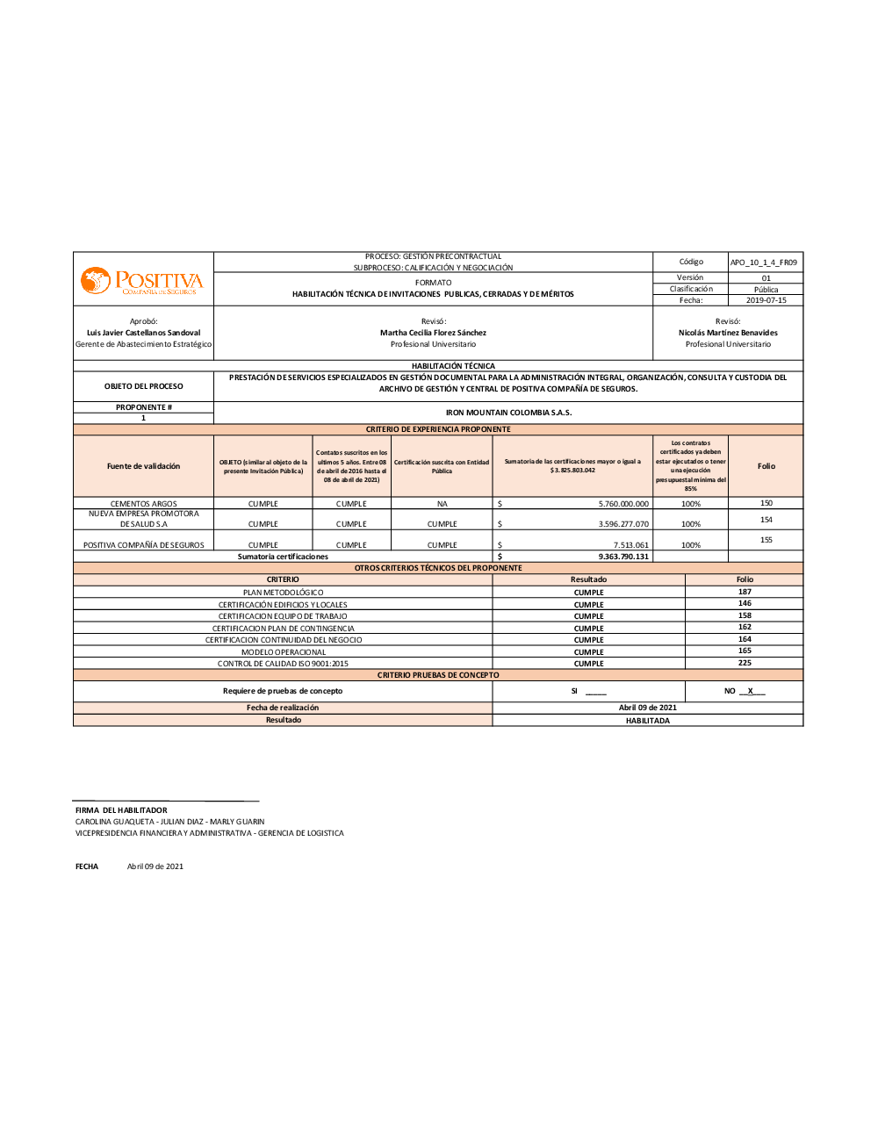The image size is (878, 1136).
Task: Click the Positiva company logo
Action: point(142,281)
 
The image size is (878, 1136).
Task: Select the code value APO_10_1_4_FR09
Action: point(764,262)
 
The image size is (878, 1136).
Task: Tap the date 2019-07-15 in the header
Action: point(766,300)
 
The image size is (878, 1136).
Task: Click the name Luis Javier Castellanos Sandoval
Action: point(143,333)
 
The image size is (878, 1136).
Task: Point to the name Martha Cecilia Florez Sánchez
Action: point(433,333)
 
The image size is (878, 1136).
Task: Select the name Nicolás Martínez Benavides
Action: point(728,333)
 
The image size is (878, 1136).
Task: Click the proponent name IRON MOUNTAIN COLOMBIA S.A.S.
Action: point(508,413)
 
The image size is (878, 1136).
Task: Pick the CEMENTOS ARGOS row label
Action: point(143,504)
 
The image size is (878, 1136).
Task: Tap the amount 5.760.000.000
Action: point(623,504)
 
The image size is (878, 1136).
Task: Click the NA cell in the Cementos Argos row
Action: point(442,504)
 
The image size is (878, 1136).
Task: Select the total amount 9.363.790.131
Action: point(623,557)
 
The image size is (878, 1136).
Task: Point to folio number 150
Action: point(766,503)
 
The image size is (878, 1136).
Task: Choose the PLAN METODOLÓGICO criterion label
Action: point(283,593)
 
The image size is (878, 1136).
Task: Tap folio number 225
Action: point(745,663)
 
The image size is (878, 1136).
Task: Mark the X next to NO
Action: point(751,691)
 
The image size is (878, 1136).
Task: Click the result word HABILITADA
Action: point(647,721)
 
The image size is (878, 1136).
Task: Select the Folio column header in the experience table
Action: point(766,466)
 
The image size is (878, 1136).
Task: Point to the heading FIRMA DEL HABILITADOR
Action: point(121,810)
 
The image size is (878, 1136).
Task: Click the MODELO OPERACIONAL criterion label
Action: point(283,652)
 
